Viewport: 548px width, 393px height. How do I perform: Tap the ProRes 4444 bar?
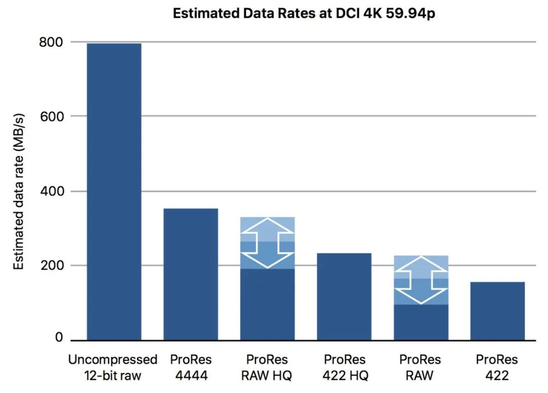191,274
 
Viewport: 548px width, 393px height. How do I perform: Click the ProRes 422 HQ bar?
344,296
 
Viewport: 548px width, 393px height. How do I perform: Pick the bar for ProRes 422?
497,310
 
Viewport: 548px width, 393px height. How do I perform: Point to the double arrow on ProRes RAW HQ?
267,243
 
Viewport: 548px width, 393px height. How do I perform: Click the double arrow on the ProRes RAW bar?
421,280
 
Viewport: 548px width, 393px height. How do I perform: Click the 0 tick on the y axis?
59,338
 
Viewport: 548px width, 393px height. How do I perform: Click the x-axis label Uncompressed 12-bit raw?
113,368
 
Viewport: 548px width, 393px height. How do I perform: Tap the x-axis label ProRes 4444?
191,368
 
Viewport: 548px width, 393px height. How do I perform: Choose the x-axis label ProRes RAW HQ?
267,368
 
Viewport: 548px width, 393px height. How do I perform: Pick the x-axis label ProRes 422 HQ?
344,368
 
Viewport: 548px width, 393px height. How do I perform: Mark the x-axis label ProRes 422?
497,368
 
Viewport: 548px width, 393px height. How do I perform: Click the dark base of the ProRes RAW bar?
421,322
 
